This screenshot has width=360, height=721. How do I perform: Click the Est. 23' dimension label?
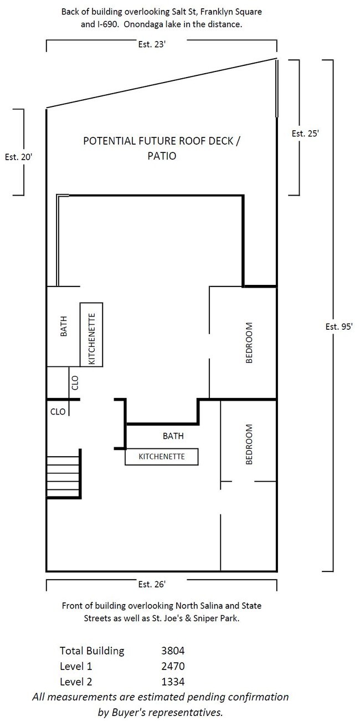click(152, 44)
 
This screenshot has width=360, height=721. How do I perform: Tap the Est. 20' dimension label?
click(18, 157)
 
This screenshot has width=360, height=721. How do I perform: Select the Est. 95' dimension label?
click(339, 326)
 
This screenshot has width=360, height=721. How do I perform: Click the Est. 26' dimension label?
click(152, 584)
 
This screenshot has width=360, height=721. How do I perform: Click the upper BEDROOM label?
click(249, 342)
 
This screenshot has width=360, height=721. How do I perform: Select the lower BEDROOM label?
click(249, 444)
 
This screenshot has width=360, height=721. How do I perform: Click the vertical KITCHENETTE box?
click(91, 334)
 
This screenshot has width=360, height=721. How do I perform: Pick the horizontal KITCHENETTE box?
click(162, 457)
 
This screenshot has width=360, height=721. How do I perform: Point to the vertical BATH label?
click(64, 326)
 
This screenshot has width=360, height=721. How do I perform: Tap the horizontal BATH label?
click(173, 436)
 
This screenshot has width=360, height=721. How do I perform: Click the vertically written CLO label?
click(75, 383)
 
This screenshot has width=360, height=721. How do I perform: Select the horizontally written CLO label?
click(58, 412)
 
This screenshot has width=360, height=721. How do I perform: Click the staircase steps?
click(64, 474)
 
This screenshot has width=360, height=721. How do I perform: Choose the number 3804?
click(173, 651)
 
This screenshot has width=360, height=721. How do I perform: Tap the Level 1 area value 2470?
click(173, 666)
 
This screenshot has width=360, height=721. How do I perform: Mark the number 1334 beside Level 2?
click(173, 682)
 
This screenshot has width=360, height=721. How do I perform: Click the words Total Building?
click(92, 651)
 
